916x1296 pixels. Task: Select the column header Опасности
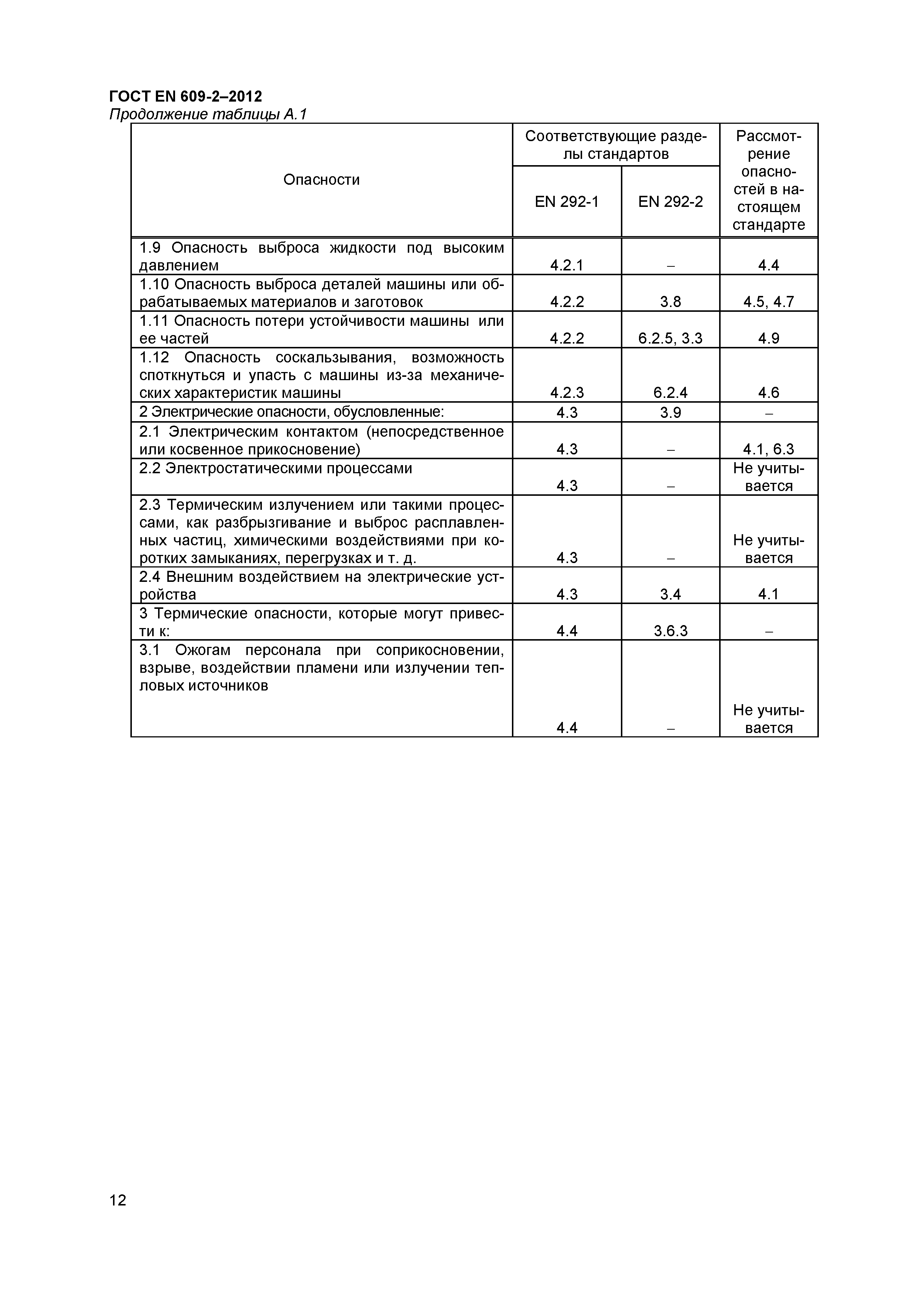(321, 180)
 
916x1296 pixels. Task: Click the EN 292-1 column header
(566, 201)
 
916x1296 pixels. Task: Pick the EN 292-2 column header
(670, 201)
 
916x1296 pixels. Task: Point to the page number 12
(118, 1215)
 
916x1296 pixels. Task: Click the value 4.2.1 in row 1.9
(566, 265)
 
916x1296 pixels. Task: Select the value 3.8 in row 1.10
(670, 302)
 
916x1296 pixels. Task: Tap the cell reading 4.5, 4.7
(768, 302)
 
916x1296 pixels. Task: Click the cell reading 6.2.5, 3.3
(670, 338)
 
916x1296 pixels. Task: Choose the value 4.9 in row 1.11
(768, 338)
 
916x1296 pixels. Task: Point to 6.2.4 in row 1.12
(670, 392)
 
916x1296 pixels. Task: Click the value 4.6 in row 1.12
(768, 392)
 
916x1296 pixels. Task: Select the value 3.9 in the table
(670, 413)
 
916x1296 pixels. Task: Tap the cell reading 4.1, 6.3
(768, 449)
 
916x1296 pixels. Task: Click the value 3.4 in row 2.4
(670, 594)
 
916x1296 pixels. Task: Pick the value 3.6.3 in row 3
(670, 631)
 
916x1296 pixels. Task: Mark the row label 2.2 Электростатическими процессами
(276, 468)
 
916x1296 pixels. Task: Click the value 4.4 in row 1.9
(768, 265)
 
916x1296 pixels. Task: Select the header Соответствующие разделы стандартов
(615, 145)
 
